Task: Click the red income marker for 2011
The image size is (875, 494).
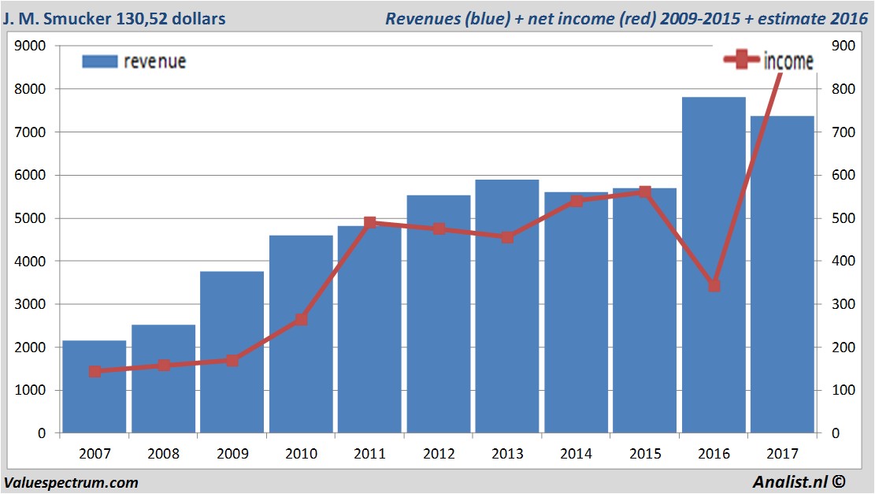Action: point(369,223)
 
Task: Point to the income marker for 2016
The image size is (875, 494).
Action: point(714,285)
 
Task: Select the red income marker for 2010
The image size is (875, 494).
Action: point(301,320)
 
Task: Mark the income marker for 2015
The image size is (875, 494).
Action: point(644,191)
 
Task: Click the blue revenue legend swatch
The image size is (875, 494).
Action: point(99,61)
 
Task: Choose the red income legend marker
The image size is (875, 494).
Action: point(742,61)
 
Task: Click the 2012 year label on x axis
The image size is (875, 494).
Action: point(438,454)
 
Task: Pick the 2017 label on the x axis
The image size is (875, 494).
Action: point(782,454)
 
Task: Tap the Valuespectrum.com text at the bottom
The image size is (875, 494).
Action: point(71,482)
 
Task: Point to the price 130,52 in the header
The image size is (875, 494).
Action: point(147,18)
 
